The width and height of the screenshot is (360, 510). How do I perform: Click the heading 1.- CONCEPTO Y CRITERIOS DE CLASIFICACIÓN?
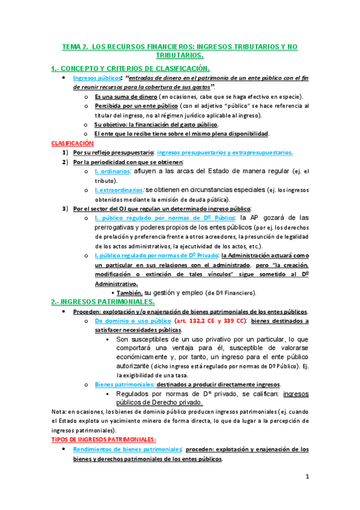tap(130, 69)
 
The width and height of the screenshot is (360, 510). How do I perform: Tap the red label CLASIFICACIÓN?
tap(73, 143)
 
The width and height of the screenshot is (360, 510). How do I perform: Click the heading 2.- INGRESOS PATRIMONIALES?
tap(104, 301)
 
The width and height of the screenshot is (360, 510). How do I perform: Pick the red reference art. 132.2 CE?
tap(198, 321)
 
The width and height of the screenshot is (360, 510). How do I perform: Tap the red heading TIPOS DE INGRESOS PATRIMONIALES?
tap(104, 440)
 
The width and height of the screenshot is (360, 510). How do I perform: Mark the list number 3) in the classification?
tap(65, 208)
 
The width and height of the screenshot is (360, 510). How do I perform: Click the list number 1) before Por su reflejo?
tap(65, 153)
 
